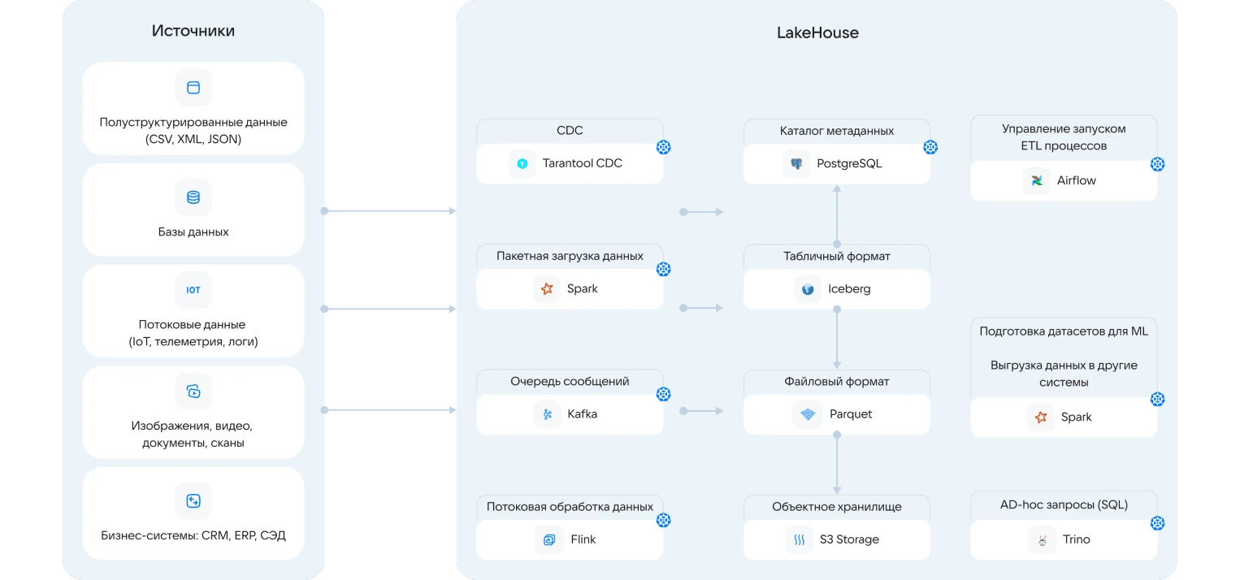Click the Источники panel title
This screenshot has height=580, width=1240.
[x=193, y=31]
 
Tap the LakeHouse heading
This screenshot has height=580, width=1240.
[x=817, y=32]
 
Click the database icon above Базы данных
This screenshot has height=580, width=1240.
[x=193, y=197]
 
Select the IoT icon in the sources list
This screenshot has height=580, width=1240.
[x=193, y=290]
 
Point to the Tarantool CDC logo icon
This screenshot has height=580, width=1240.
[x=522, y=163]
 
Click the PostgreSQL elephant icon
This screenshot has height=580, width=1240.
[x=796, y=163]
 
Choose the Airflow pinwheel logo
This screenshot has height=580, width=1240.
[x=1037, y=180]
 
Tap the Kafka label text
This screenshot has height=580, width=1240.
[x=582, y=413]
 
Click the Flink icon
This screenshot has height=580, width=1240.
[x=549, y=539]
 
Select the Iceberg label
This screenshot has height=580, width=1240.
[x=849, y=288]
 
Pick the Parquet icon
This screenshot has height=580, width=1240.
[x=808, y=414]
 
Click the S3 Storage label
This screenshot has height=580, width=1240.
[x=849, y=539]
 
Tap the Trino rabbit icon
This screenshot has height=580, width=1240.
[x=1042, y=539]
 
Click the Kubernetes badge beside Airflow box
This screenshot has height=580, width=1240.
[x=1157, y=164]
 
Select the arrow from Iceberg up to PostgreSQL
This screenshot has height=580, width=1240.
[x=837, y=215]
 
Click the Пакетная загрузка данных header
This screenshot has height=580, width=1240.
[x=570, y=256]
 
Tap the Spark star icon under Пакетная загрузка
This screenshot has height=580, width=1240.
[x=547, y=288]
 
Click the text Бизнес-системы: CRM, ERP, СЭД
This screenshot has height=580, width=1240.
[x=193, y=535]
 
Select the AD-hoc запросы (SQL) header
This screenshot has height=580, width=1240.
[x=1064, y=504]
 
